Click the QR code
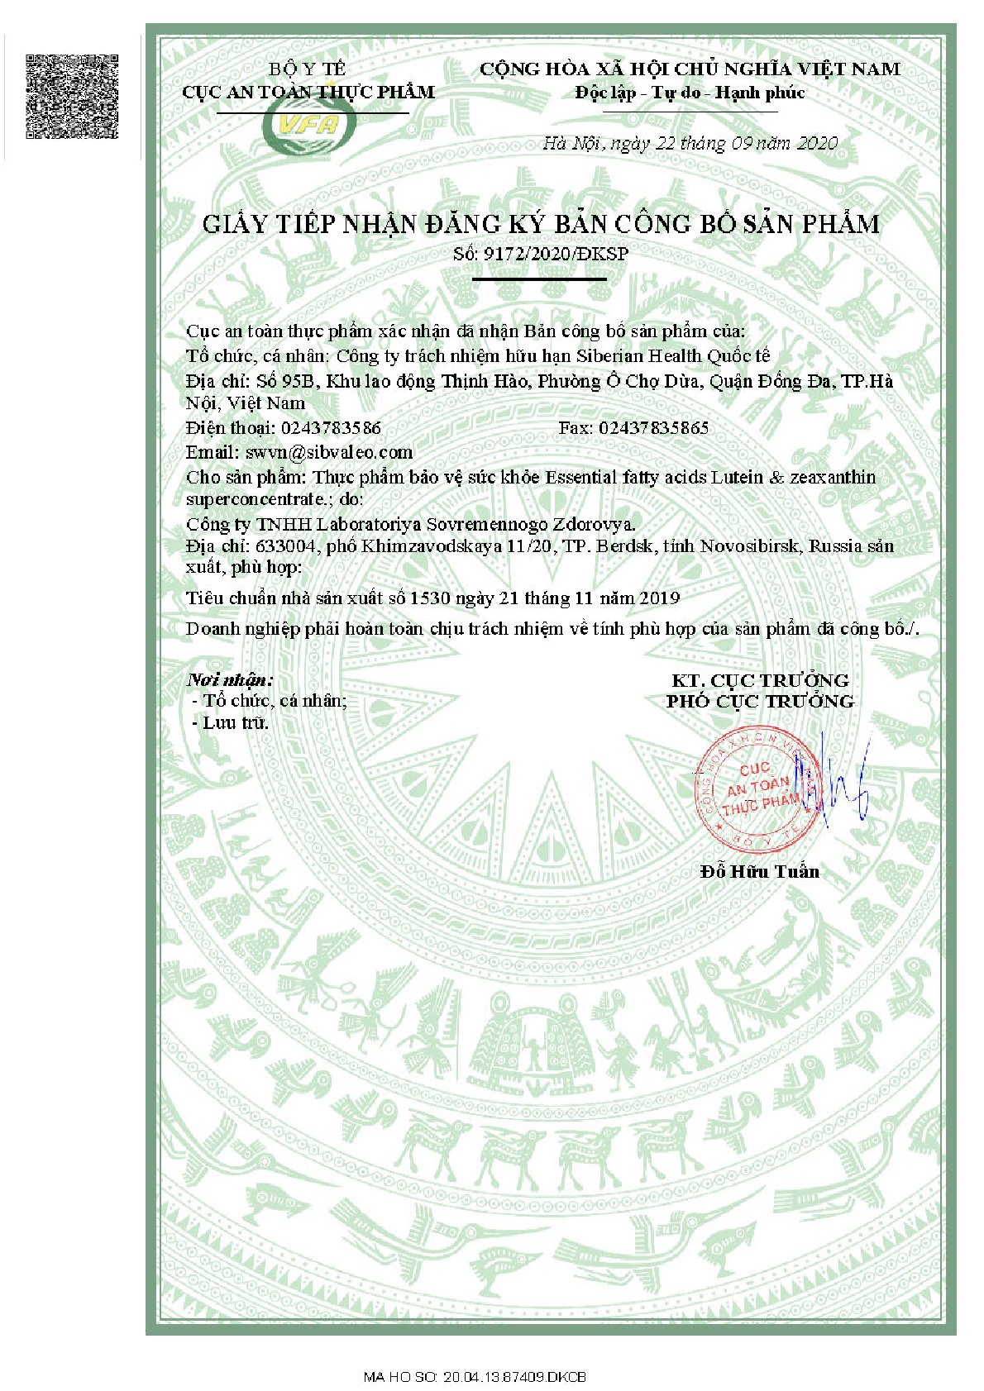(73, 97)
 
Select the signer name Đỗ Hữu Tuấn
(759, 871)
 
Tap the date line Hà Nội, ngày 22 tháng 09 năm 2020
(690, 143)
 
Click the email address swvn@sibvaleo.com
(328, 452)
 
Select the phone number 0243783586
(331, 428)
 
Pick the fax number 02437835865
(653, 428)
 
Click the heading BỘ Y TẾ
(308, 69)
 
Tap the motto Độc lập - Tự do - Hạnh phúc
(690, 93)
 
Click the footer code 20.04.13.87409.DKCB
(514, 1377)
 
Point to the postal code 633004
(284, 546)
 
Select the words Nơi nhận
(229, 680)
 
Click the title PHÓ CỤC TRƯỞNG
(760, 702)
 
